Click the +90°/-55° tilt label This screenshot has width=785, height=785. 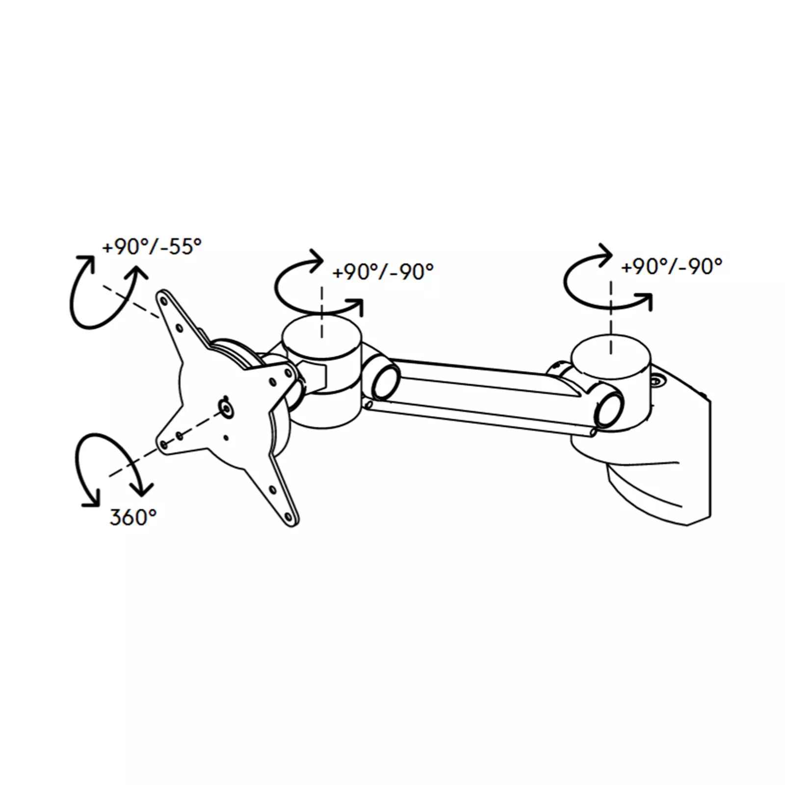[152, 246]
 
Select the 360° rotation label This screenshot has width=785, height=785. [133, 517]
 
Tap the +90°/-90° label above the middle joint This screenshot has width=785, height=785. [383, 271]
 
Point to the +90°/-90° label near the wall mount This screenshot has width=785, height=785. [672, 266]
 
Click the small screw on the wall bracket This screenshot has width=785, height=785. [656, 381]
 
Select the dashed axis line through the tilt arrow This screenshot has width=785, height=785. [131, 302]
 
